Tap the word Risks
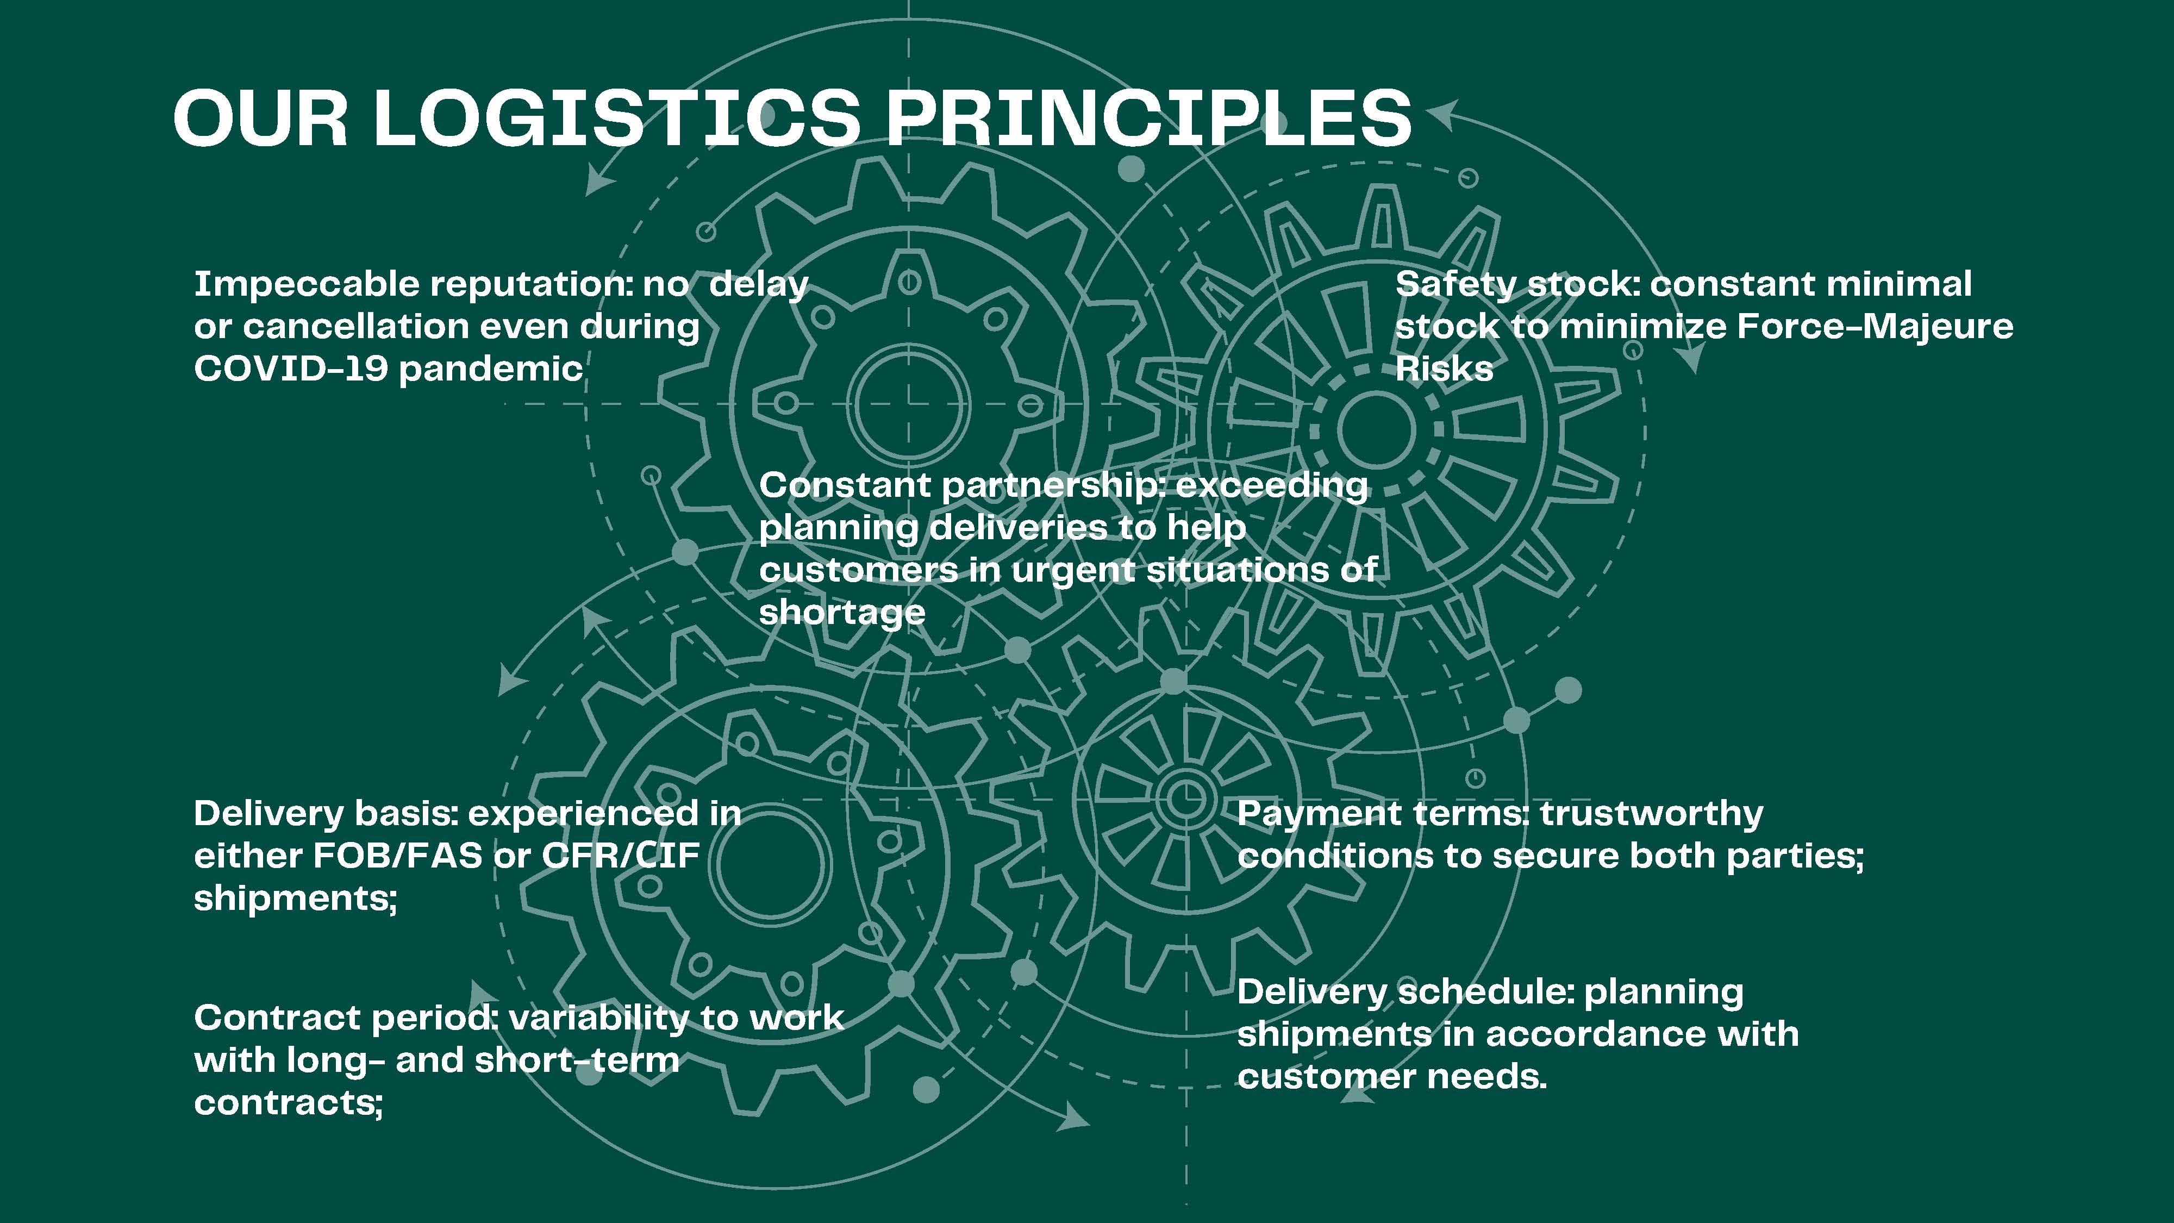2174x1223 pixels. [1444, 369]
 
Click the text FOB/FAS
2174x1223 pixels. [397, 856]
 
